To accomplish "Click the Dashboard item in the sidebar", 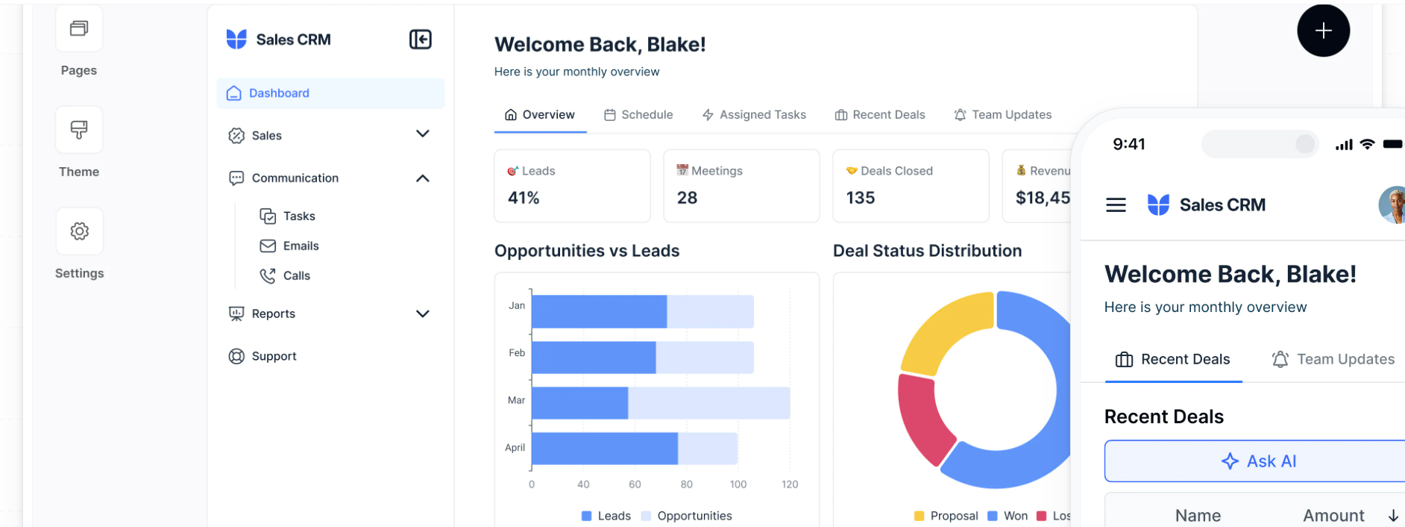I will tap(279, 93).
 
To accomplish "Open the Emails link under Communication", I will tap(300, 246).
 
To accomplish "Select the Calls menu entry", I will tap(296, 275).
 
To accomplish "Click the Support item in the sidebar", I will tap(274, 356).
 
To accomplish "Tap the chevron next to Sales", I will tap(422, 134).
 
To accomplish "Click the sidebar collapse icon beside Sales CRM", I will tap(421, 40).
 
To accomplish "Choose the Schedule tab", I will tap(638, 115).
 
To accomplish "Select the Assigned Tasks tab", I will tap(754, 115).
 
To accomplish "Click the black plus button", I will tap(1323, 31).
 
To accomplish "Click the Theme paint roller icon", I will tap(79, 130).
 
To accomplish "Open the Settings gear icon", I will tap(79, 231).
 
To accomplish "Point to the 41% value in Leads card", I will tap(524, 198).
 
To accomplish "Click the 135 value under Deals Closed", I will tap(860, 198).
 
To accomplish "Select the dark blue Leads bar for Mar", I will tap(579, 403).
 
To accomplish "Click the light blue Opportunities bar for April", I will tap(707, 449).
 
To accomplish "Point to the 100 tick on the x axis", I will tap(738, 484).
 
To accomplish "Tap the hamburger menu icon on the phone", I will tap(1116, 205).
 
